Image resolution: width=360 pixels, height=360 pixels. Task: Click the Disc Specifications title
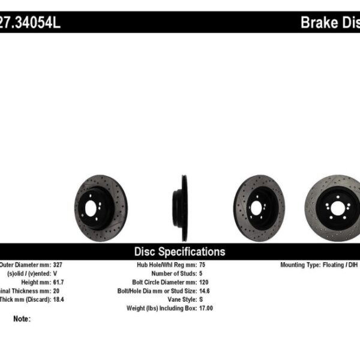pos(179,251)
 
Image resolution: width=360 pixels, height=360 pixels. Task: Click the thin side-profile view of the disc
pos(181,208)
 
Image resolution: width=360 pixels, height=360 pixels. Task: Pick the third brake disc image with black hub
pos(259,208)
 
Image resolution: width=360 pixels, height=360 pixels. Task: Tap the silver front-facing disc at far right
pos(334,208)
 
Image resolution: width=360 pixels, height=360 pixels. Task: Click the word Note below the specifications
pos(22,319)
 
